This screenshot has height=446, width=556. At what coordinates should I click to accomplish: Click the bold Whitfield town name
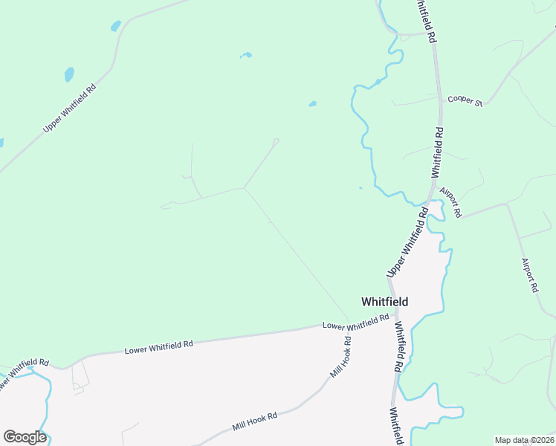click(384, 302)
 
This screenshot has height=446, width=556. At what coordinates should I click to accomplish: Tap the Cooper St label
click(465, 100)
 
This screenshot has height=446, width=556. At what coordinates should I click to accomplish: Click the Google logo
click(25, 437)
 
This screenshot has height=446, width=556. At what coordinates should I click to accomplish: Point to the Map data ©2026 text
click(523, 440)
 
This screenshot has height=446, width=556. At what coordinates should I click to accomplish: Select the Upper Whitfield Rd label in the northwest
click(70, 109)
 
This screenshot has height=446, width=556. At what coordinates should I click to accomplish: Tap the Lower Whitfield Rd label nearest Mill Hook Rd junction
click(355, 322)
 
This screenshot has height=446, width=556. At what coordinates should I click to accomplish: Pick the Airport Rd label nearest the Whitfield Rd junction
click(450, 201)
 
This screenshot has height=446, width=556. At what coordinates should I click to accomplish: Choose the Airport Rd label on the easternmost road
click(529, 275)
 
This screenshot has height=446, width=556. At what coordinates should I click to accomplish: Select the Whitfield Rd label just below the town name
click(400, 347)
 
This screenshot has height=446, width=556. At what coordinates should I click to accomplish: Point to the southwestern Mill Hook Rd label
click(254, 421)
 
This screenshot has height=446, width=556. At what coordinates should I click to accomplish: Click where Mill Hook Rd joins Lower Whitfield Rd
click(349, 326)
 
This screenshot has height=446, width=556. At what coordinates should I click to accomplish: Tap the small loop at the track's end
click(276, 140)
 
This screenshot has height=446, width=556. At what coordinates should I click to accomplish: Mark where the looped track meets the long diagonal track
click(245, 188)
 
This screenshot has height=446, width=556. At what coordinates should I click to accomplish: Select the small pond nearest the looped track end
click(312, 103)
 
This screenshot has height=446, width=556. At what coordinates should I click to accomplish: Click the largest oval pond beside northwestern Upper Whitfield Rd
click(69, 74)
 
